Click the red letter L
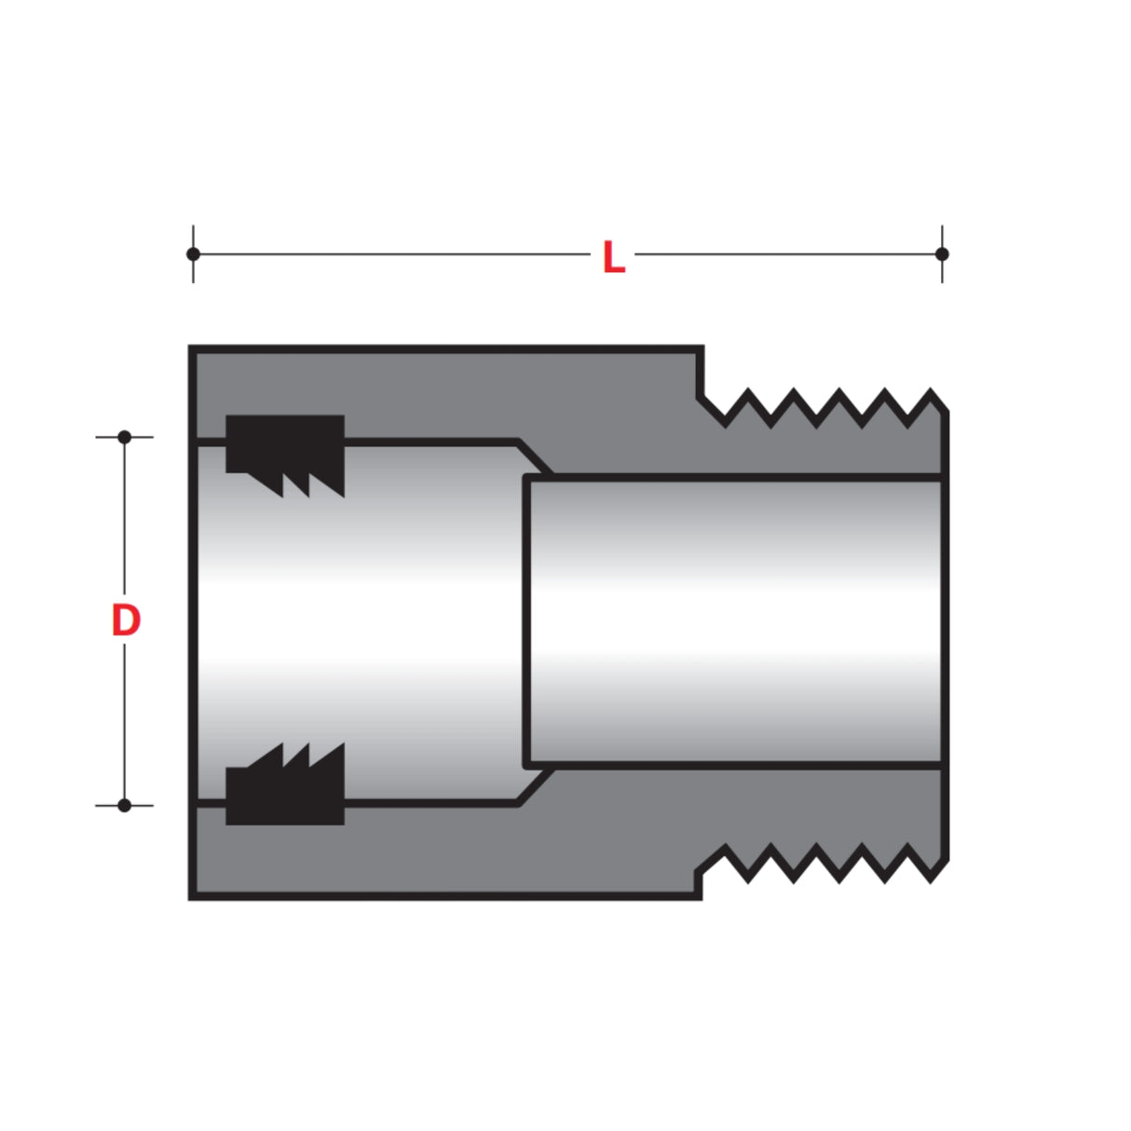(x=613, y=258)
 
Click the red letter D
(x=126, y=621)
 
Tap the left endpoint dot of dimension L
(x=193, y=253)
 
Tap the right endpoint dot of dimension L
(x=942, y=253)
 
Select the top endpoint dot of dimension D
(x=124, y=437)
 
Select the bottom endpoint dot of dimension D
(x=124, y=805)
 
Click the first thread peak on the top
(x=748, y=391)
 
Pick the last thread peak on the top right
(x=931, y=391)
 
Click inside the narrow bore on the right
(x=736, y=620)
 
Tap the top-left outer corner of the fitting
(x=190, y=347)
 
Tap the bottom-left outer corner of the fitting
(x=190, y=898)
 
